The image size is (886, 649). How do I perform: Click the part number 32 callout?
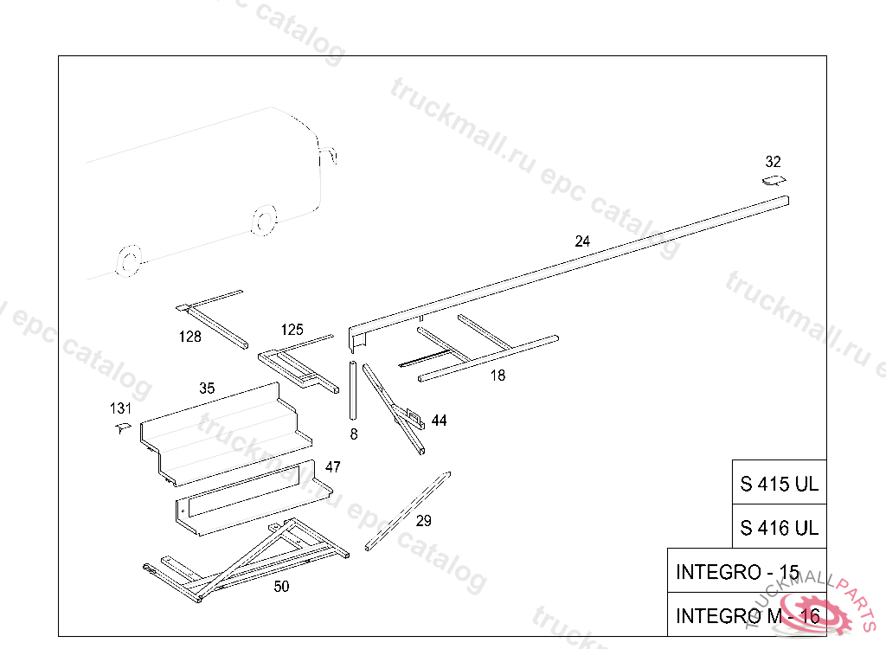coord(773,162)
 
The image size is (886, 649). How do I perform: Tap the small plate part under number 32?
coord(774,181)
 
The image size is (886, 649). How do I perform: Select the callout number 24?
coord(582,242)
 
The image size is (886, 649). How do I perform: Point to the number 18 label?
coord(498,376)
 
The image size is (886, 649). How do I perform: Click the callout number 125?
coord(292,330)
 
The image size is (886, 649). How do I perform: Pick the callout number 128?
coord(189,337)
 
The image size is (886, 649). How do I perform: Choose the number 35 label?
coord(207,389)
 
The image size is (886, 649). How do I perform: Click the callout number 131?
coord(120,408)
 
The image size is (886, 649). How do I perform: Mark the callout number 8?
coord(354,434)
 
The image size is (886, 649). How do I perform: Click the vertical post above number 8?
coord(353,389)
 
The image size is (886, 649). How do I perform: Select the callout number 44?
coord(440,421)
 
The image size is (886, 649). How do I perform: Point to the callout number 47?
coord(333,467)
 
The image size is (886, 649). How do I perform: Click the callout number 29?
coord(423,521)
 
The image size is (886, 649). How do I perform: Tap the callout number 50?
coord(281,587)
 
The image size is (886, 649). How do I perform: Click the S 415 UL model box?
coord(779,484)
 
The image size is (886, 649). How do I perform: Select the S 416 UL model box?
coord(779,527)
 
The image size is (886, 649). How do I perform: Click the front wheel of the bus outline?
coord(263,222)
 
